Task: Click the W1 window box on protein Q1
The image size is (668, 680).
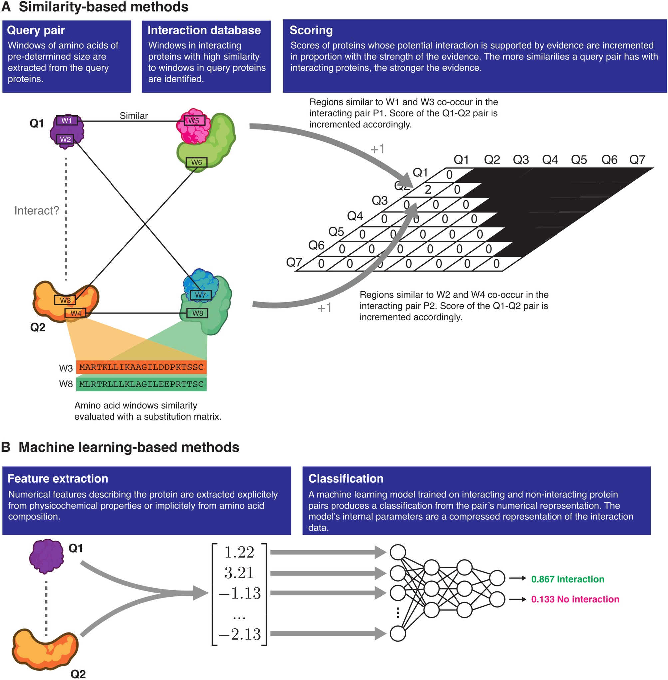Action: [x=67, y=121]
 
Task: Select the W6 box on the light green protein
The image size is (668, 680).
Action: [x=196, y=162]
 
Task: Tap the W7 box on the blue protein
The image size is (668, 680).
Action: [x=200, y=295]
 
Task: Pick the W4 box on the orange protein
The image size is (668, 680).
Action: [x=76, y=313]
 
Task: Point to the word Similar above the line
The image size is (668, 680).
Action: [x=134, y=116]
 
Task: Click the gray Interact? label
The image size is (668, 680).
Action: [x=37, y=211]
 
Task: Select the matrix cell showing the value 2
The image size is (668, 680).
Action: [x=428, y=190]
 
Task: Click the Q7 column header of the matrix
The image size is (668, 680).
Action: [x=637, y=160]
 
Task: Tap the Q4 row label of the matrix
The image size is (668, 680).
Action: [x=355, y=216]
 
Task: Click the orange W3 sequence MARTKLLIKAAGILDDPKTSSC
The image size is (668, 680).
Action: [x=141, y=367]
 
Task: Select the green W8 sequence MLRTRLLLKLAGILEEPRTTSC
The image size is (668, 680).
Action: [x=141, y=384]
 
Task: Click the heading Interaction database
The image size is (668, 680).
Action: [x=204, y=30]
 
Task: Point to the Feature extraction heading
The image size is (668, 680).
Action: [x=58, y=479]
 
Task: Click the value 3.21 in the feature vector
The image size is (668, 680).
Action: [x=239, y=573]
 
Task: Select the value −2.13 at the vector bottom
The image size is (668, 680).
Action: [x=240, y=634]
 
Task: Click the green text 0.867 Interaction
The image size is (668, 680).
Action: [x=567, y=579]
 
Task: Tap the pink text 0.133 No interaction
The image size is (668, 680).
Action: [x=575, y=599]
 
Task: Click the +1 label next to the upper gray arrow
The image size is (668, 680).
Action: [x=377, y=149]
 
